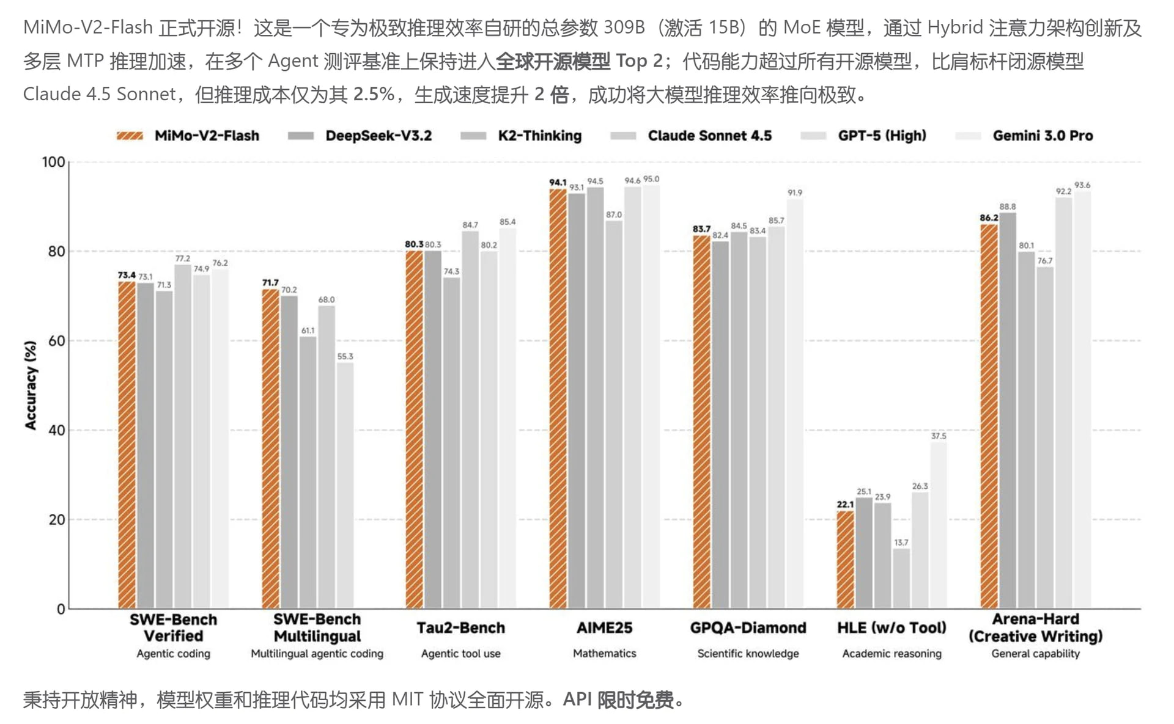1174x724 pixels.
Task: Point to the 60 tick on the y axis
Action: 56,341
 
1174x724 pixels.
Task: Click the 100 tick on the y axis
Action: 53,162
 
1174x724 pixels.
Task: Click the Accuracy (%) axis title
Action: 30,385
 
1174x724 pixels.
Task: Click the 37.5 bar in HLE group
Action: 939,525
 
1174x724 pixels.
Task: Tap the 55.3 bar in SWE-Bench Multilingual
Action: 345,486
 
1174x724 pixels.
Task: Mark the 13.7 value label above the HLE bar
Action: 901,543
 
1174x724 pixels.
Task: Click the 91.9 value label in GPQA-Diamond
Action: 794,193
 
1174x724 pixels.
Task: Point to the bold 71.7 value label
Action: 270,283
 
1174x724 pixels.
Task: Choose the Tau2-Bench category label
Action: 460,628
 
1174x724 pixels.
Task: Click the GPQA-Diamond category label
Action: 748,628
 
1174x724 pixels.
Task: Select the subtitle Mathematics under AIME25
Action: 604,654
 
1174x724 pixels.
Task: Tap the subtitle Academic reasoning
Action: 892,654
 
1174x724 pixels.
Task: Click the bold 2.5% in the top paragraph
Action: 374,95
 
